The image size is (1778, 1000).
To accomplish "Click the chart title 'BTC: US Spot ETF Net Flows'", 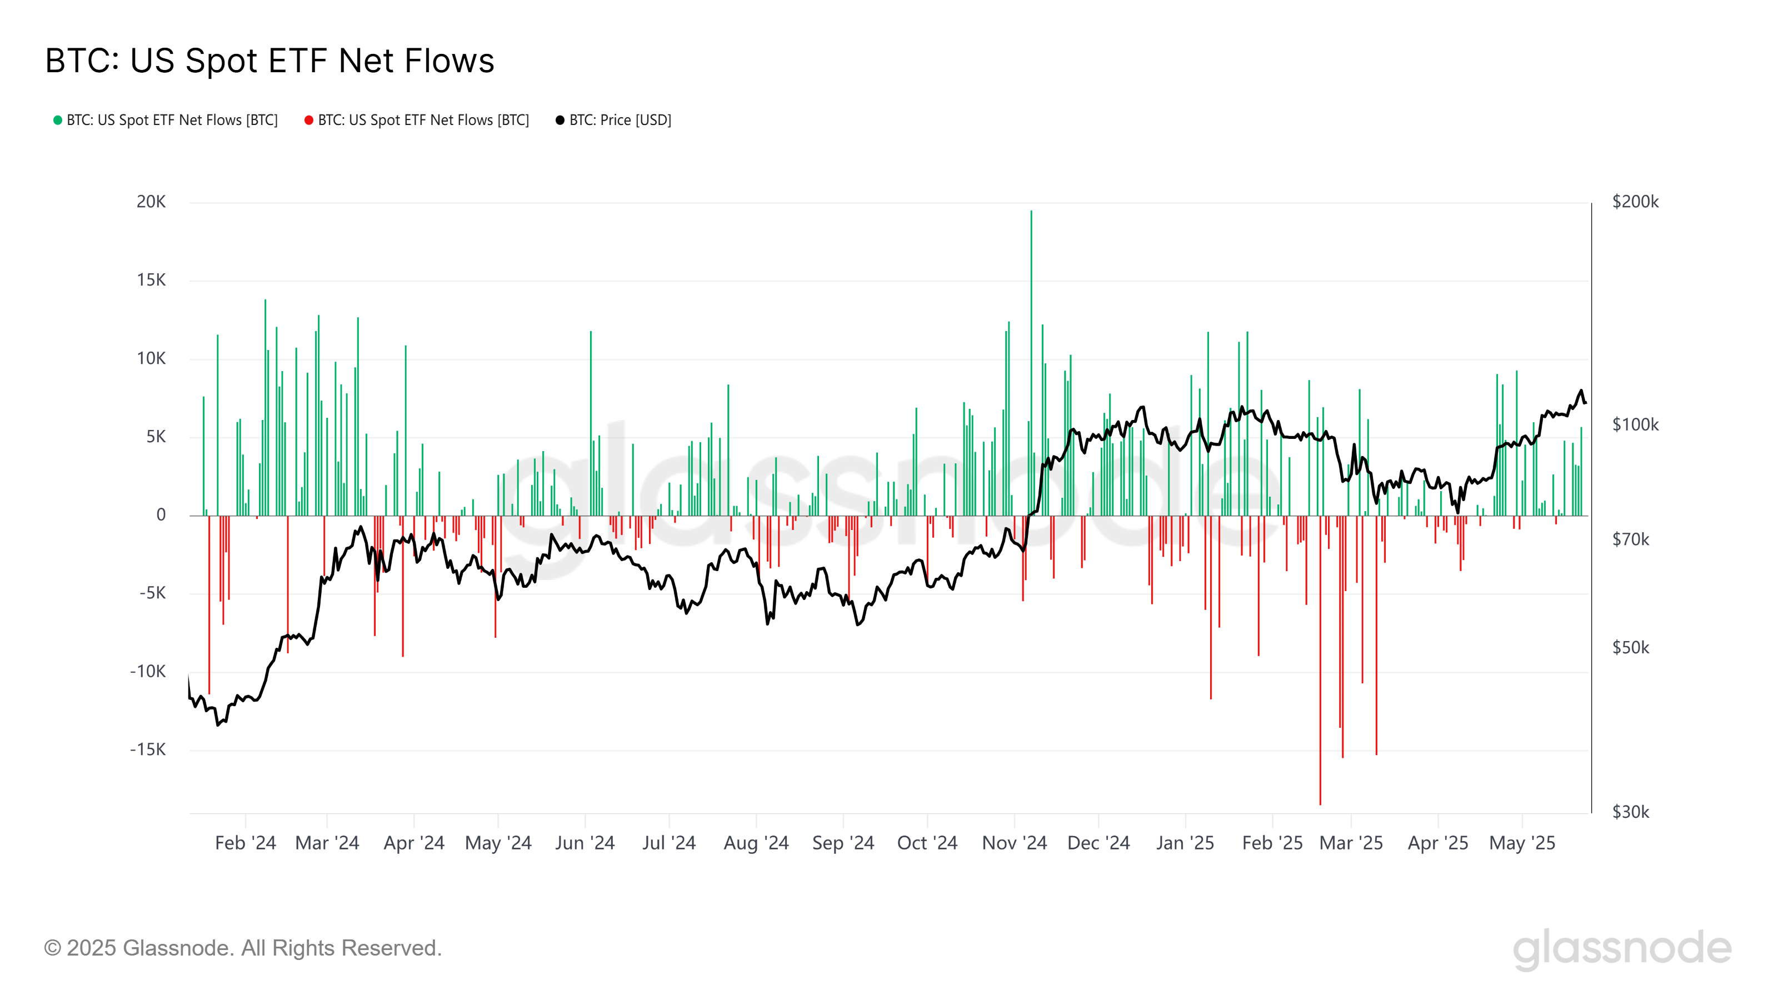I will click(x=269, y=61).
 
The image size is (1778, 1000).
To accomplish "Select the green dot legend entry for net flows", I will click(x=166, y=120).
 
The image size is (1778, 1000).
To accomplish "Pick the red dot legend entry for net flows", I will click(x=417, y=120).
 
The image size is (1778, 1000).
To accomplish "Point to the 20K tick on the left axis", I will click(x=151, y=202).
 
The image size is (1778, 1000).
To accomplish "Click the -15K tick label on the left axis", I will click(x=148, y=749).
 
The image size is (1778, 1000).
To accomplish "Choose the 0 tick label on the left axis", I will click(x=161, y=515).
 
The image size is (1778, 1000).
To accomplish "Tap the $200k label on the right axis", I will click(x=1635, y=202).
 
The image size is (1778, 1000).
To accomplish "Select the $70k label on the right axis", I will click(x=1630, y=539).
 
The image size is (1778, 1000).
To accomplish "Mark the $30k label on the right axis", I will click(x=1630, y=812).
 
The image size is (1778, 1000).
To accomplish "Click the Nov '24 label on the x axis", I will click(x=1014, y=843).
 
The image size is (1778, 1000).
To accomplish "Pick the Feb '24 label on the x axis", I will click(x=245, y=843).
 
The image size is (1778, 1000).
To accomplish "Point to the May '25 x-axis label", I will click(x=1522, y=843).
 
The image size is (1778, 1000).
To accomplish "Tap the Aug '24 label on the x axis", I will click(x=756, y=843).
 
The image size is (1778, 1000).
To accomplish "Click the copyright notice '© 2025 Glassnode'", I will click(x=242, y=948).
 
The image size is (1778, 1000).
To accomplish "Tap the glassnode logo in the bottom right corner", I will click(x=1622, y=949).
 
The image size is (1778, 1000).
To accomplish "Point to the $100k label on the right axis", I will click(x=1635, y=424).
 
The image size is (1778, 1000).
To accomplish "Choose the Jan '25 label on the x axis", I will click(x=1185, y=843).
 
